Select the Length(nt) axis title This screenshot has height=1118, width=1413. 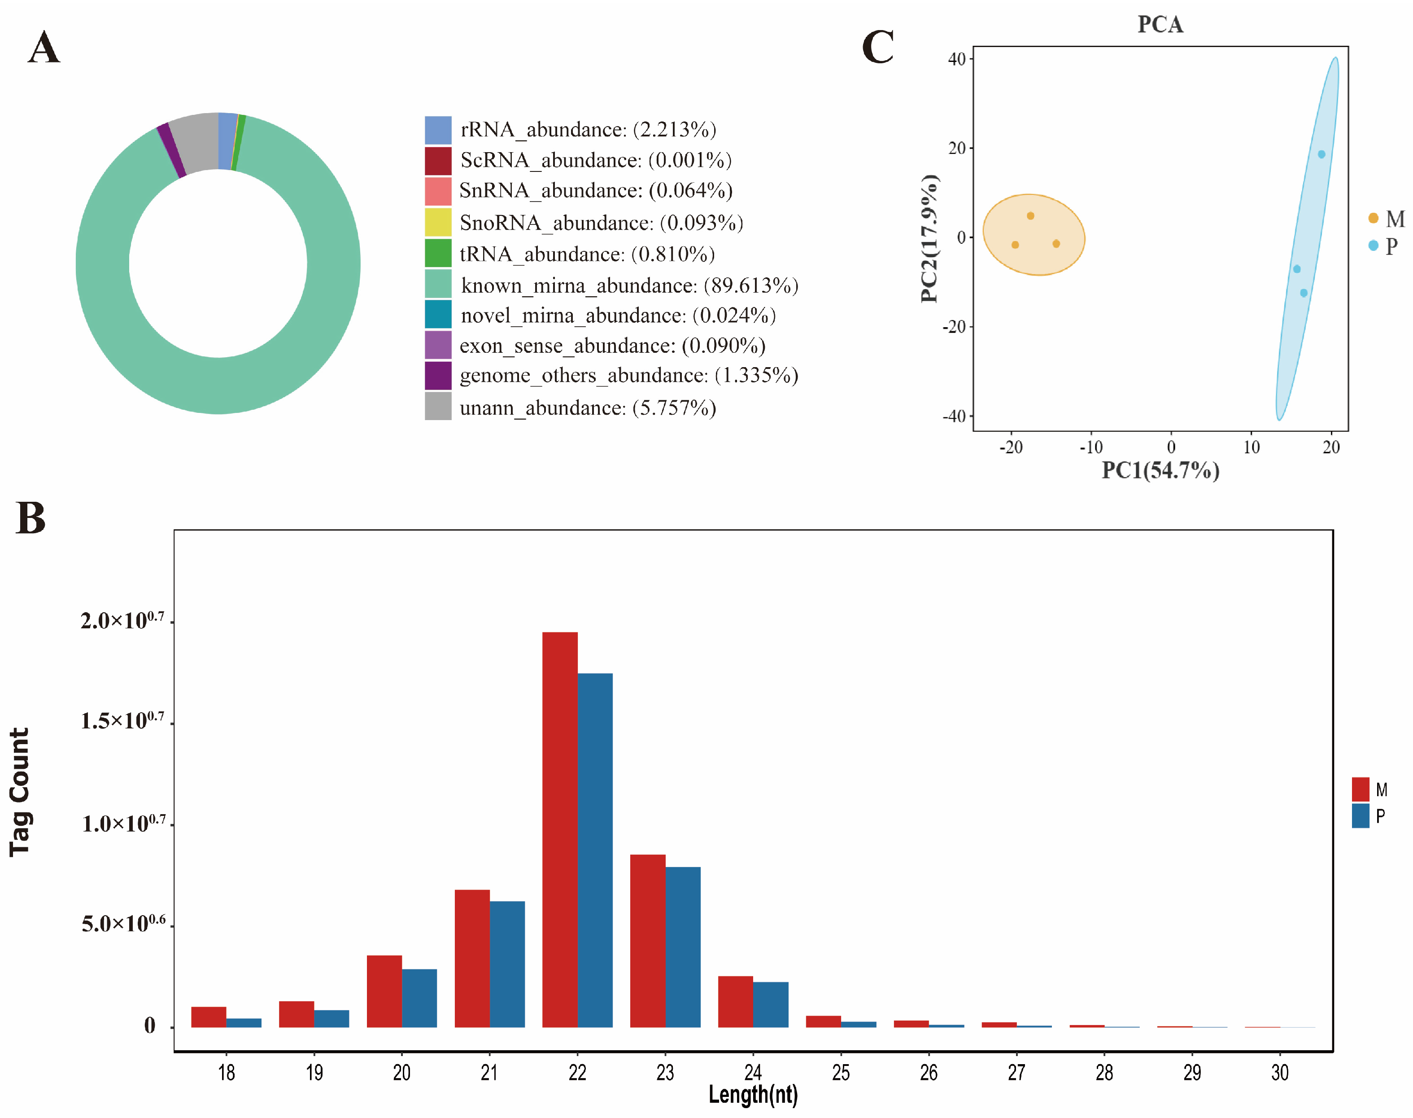(x=753, y=1094)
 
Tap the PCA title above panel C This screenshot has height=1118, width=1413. (x=1160, y=25)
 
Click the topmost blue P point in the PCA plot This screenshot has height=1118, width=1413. (x=1321, y=154)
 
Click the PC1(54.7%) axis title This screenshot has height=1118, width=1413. (x=1160, y=470)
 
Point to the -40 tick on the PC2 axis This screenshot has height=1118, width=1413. (x=954, y=417)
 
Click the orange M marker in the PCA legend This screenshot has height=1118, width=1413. (x=1373, y=218)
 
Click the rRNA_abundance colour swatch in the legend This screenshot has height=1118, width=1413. (x=438, y=130)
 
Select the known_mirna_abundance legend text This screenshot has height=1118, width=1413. (x=628, y=285)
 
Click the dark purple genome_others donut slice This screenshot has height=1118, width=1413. (x=171, y=150)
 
